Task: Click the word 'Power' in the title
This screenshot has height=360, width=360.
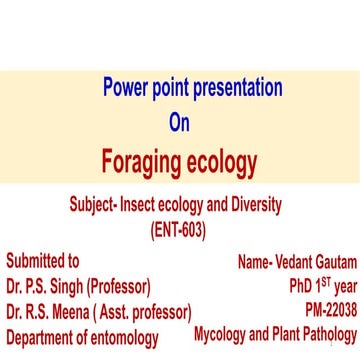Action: pos(128,87)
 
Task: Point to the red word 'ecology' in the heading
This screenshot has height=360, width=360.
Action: pos(222,160)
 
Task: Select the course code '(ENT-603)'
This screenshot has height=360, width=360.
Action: pos(180,227)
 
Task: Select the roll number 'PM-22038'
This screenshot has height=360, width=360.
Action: pos(325,310)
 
